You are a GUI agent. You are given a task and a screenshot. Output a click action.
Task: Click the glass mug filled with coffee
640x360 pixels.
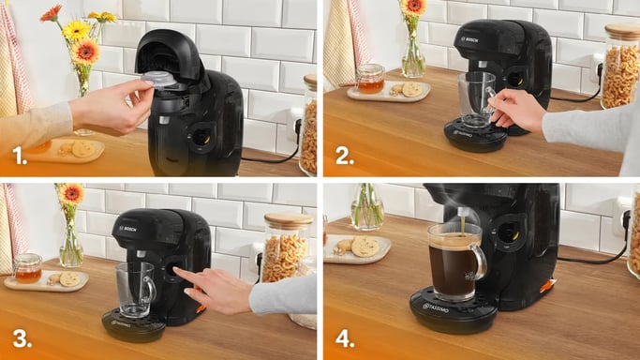click(454, 261)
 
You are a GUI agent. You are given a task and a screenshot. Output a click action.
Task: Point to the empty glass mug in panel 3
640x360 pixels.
click(134, 289)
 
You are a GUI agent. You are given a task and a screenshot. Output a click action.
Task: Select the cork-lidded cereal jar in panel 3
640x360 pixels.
click(286, 247)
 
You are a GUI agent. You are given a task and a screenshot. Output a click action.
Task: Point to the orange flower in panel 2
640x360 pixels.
click(411, 7)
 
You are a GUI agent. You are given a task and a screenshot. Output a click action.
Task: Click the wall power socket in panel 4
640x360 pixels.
click(621, 222)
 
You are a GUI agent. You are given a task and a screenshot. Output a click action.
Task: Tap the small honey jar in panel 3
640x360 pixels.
click(28, 268)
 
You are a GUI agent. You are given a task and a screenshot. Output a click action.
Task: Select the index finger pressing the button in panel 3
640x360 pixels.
click(181, 275)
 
